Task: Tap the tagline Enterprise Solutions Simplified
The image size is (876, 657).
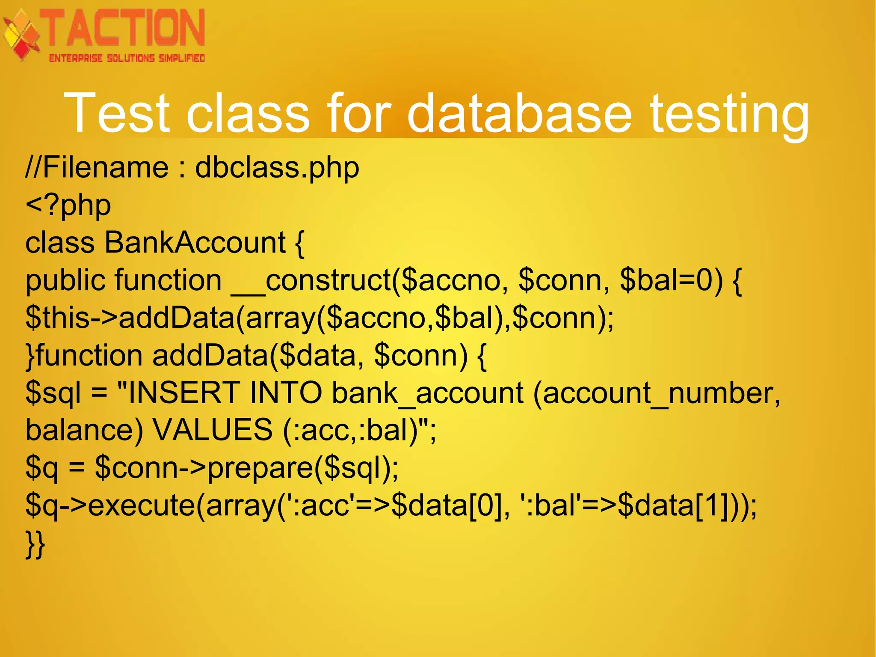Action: [x=127, y=58]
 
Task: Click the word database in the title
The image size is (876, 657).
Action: [x=519, y=113]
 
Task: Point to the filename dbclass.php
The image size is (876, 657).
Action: [x=277, y=168]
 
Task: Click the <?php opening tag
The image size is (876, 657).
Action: [x=68, y=206]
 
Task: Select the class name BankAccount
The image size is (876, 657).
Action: [x=195, y=243]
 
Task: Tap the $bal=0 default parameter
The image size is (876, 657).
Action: [x=671, y=280]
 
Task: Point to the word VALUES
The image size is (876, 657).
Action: [x=213, y=430]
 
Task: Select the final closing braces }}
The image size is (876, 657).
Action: [x=35, y=544]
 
